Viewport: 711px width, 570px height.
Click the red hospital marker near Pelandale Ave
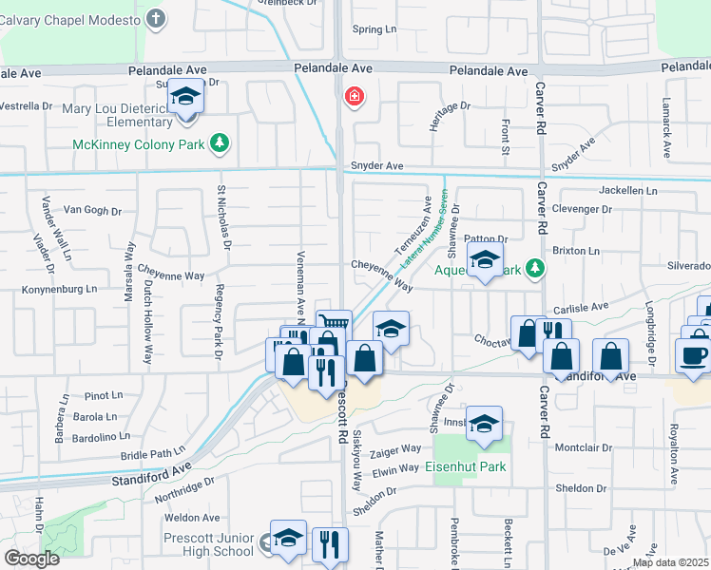click(355, 97)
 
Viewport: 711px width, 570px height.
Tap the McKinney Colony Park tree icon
click(221, 143)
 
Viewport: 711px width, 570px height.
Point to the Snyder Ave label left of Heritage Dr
click(376, 166)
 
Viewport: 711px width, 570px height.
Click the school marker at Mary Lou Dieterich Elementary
click(186, 96)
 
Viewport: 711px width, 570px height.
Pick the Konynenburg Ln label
click(64, 289)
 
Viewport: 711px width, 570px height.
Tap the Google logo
click(31, 558)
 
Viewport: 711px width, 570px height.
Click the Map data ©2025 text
click(670, 562)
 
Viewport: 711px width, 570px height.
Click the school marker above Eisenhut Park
click(484, 423)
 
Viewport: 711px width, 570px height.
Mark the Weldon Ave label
click(192, 518)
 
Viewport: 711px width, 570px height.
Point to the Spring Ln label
click(374, 29)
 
